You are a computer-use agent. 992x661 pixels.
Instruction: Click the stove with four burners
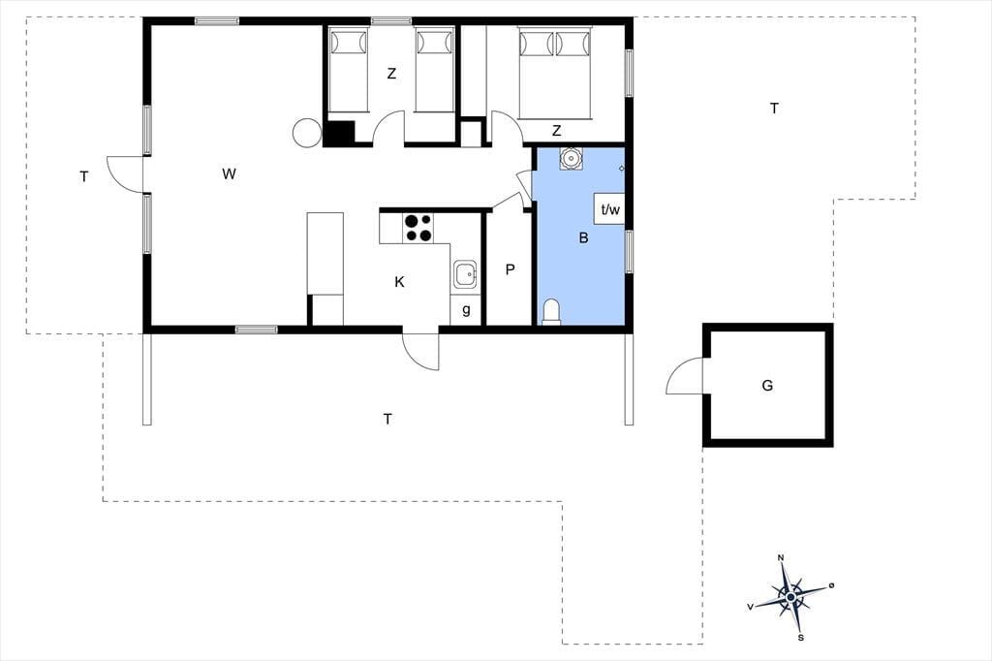(418, 228)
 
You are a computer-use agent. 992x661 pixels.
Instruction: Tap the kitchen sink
(466, 274)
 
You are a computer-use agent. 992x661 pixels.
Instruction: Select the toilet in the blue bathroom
(551, 312)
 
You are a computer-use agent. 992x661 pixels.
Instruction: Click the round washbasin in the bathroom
(572, 158)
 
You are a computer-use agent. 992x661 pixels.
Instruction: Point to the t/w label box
(610, 209)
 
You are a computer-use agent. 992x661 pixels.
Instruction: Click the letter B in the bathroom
(583, 238)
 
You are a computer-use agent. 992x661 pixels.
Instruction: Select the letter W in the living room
(229, 173)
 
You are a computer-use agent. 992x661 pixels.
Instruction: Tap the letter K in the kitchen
(399, 282)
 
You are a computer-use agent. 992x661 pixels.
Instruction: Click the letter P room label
(510, 269)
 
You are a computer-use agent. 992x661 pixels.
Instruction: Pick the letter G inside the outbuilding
(767, 385)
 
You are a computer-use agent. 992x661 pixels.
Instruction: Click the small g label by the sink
(466, 309)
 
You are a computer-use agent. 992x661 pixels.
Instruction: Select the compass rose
(790, 597)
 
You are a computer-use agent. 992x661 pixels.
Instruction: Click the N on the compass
(781, 558)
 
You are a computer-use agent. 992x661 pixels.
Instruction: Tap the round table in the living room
(307, 133)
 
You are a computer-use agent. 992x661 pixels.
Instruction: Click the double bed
(555, 73)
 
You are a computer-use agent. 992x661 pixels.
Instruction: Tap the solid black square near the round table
(339, 133)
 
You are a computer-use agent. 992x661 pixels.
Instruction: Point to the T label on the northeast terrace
(774, 109)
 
